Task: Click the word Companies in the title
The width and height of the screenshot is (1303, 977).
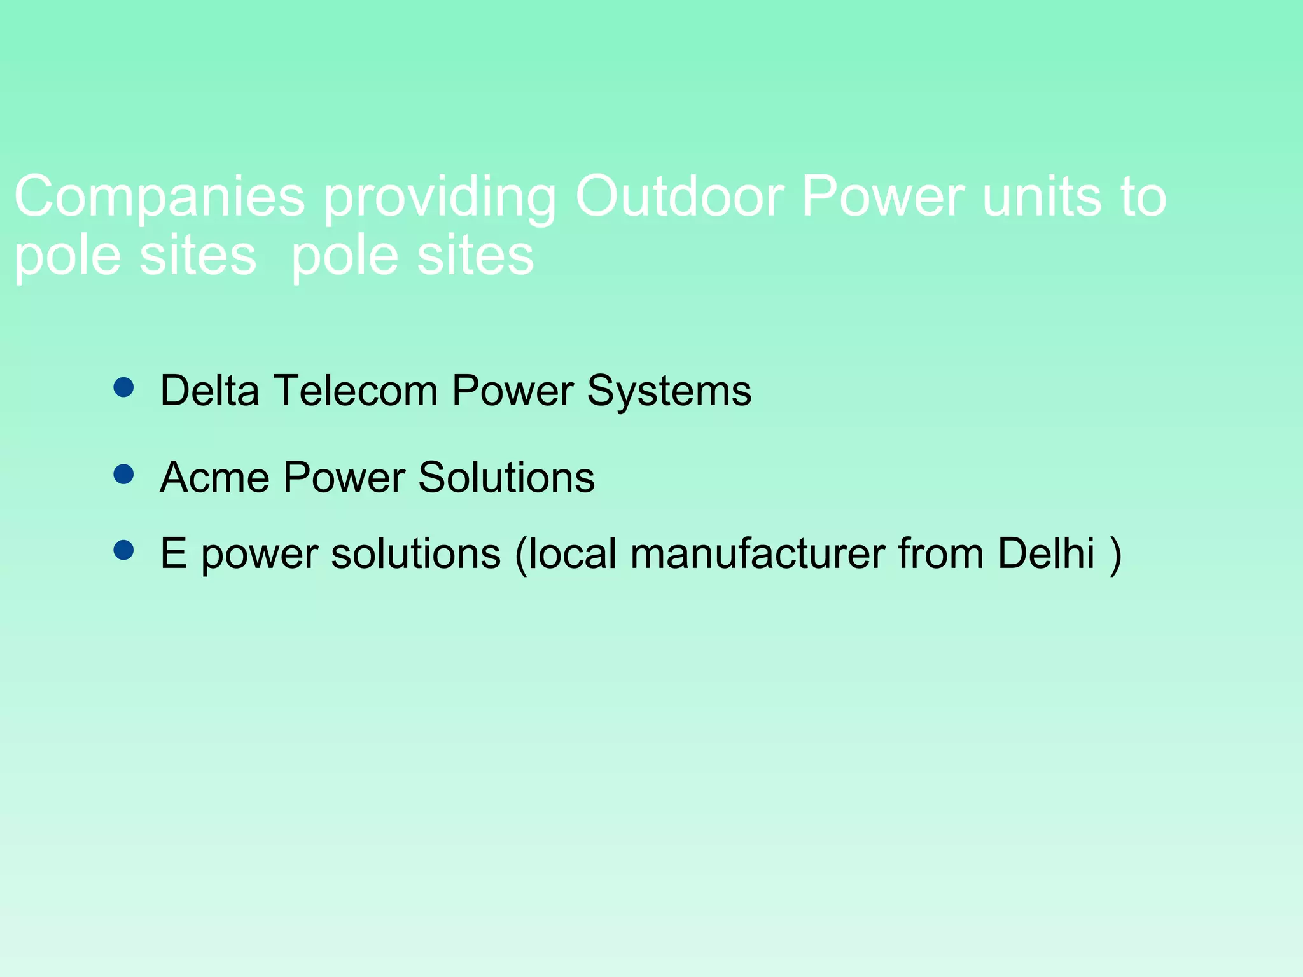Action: pos(159,197)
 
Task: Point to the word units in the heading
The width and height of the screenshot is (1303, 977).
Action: pos(1042,197)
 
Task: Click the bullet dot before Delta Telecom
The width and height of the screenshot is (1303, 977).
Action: pos(123,387)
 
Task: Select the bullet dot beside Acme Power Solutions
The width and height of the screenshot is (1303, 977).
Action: pos(123,474)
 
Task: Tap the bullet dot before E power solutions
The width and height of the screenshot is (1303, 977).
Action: pos(123,550)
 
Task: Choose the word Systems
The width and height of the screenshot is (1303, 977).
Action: pos(669,391)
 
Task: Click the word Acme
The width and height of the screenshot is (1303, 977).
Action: pos(214,477)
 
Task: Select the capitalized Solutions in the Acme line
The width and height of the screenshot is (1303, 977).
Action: pos(506,477)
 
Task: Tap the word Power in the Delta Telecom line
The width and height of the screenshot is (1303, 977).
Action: pos(512,390)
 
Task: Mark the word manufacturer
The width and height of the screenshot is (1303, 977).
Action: pos(757,553)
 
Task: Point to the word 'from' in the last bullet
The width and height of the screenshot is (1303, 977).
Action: pos(941,553)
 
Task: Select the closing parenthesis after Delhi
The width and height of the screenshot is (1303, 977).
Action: pos(1115,555)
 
